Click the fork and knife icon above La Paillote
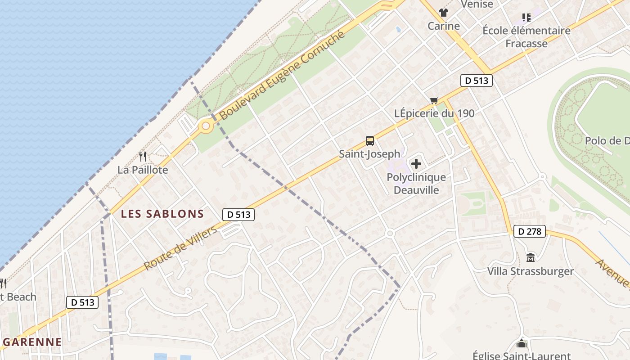pyautogui.click(x=143, y=157)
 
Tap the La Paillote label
pyautogui.click(x=143, y=170)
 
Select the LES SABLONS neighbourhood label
pyautogui.click(x=162, y=214)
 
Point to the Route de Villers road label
pyautogui.click(x=180, y=248)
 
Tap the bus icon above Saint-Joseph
pyautogui.click(x=370, y=141)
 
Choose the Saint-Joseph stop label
pyautogui.click(x=369, y=154)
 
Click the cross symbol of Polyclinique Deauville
pyautogui.click(x=416, y=164)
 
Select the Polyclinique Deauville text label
pyautogui.click(x=416, y=183)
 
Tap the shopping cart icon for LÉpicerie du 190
pyautogui.click(x=434, y=100)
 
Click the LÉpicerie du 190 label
pyautogui.click(x=434, y=113)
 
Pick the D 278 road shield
pyautogui.click(x=529, y=232)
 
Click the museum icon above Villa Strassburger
pyautogui.click(x=531, y=258)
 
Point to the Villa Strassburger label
pyautogui.click(x=531, y=271)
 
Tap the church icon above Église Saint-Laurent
pyautogui.click(x=522, y=343)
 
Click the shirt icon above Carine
pyautogui.click(x=444, y=13)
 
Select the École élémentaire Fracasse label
pyautogui.click(x=526, y=37)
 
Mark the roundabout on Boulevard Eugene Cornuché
pyautogui.click(x=206, y=126)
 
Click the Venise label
pyautogui.click(x=477, y=4)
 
